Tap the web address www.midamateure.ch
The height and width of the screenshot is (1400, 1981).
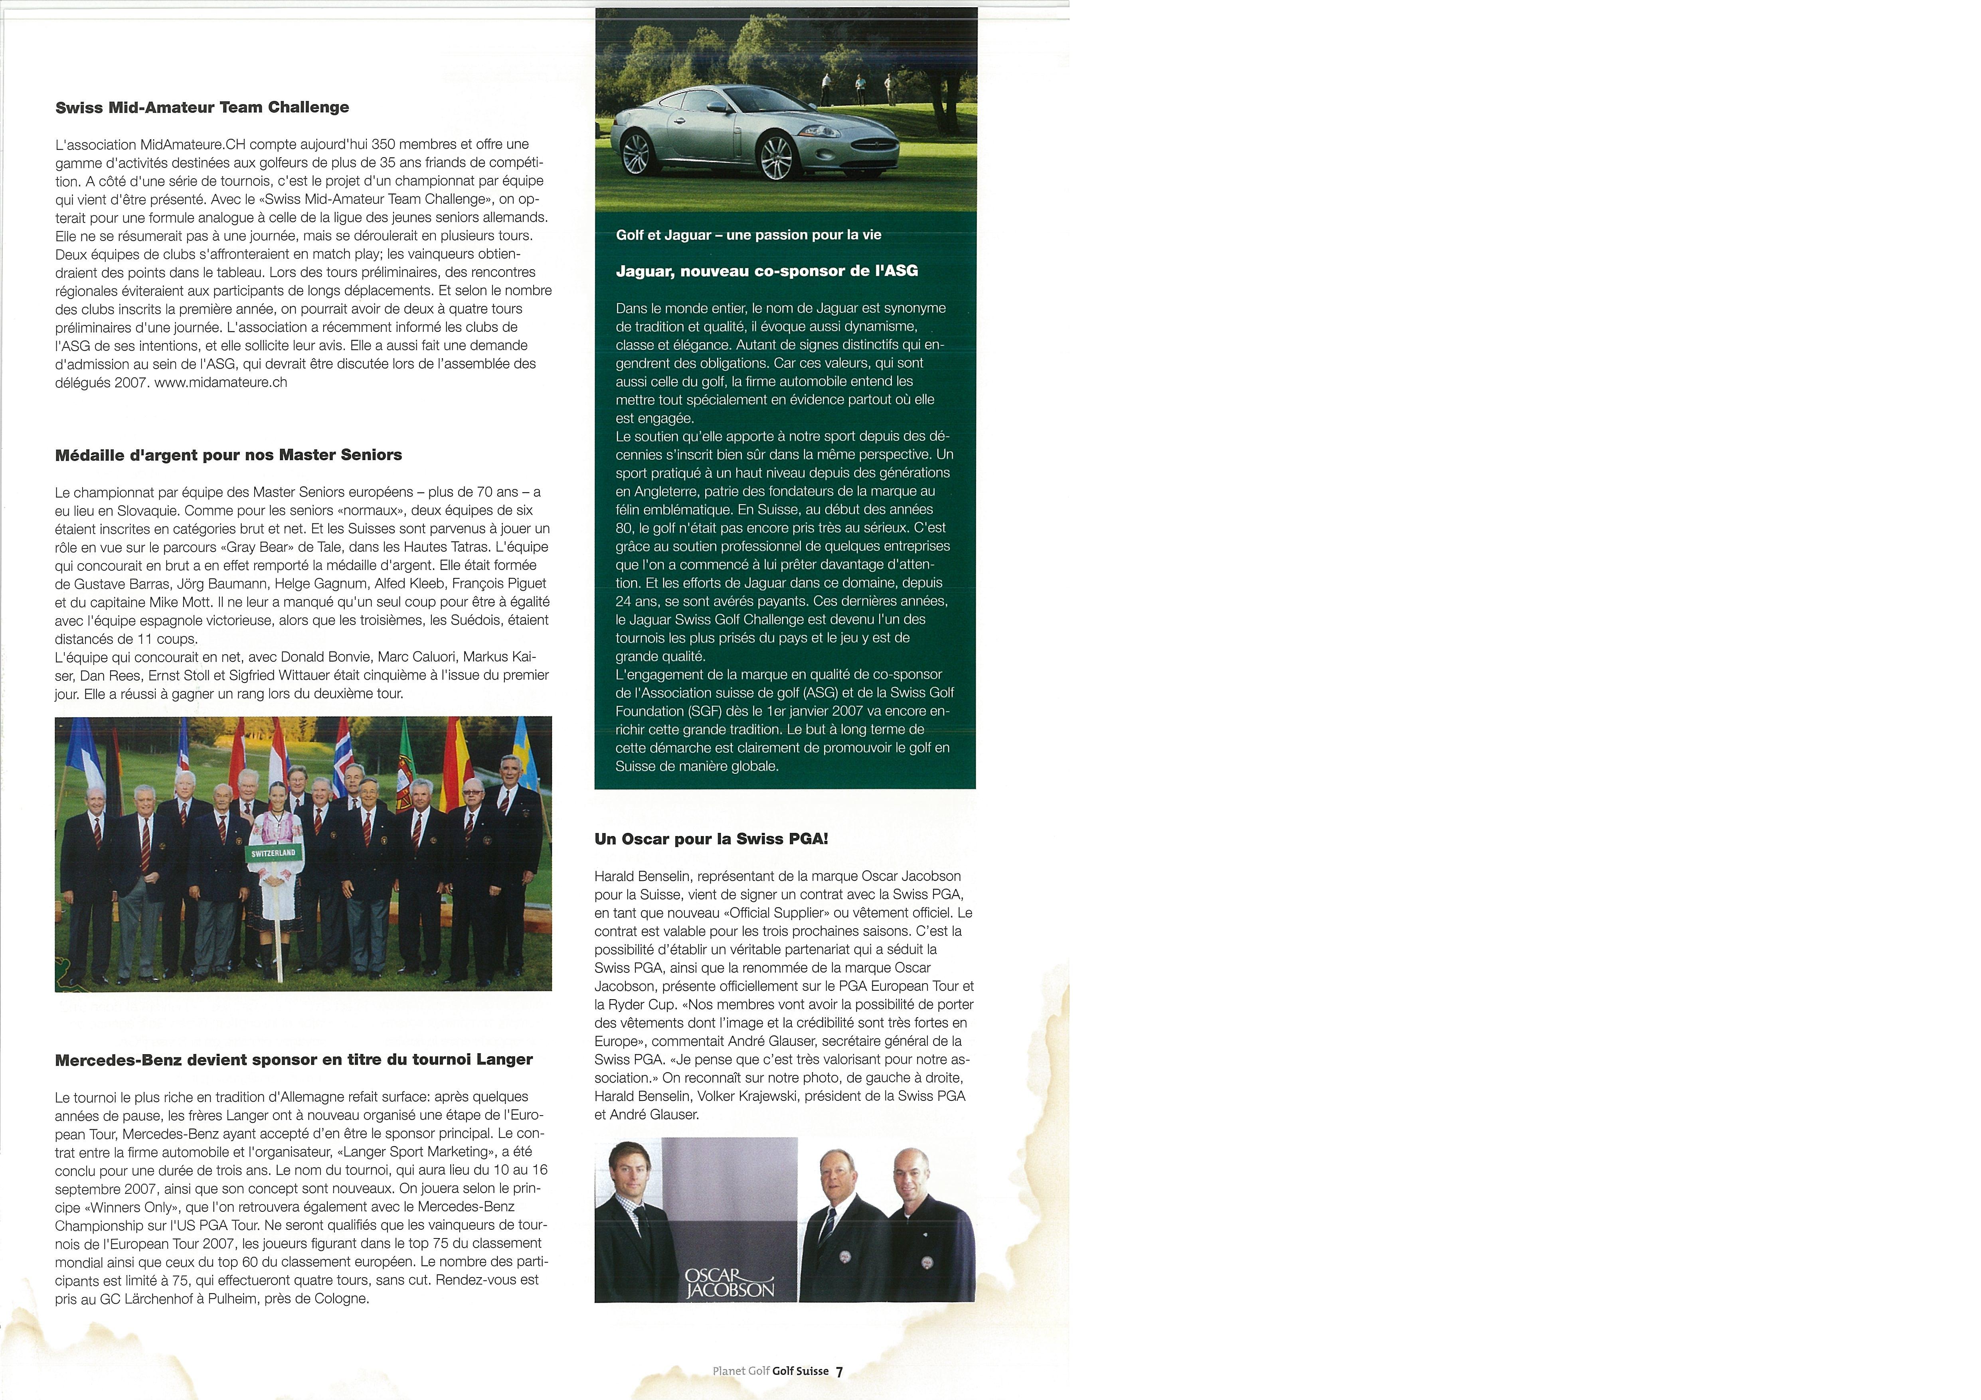pos(221,382)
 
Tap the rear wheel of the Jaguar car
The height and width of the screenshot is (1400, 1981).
pos(636,153)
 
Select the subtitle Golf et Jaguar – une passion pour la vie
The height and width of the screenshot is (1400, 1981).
pos(748,235)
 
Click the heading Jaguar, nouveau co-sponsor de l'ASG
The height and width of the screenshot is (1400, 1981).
pos(766,271)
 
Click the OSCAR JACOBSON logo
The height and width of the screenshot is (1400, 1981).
pos(729,1284)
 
